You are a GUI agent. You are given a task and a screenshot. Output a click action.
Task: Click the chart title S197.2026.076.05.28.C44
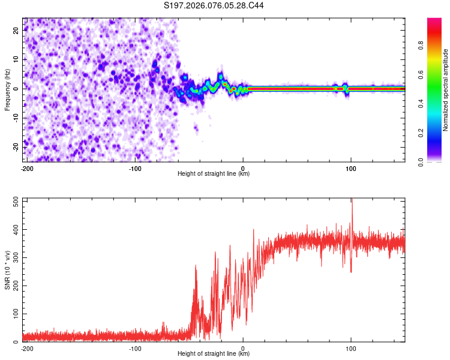click(x=214, y=5)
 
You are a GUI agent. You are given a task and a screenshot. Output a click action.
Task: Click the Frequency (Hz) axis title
click(x=7, y=89)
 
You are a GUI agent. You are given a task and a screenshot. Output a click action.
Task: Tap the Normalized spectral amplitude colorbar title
click(x=446, y=90)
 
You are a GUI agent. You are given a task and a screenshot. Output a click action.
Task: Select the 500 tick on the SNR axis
click(x=14, y=202)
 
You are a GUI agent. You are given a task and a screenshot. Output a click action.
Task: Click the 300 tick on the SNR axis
click(x=14, y=258)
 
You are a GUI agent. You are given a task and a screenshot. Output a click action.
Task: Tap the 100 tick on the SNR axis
click(x=14, y=314)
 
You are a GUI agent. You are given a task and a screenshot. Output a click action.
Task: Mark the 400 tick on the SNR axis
click(x=14, y=230)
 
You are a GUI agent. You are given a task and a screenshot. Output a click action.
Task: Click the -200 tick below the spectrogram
click(x=27, y=168)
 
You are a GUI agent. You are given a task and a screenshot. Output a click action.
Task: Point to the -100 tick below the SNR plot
click(x=135, y=348)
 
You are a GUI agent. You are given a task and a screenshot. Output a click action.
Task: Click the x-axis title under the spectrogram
click(x=214, y=174)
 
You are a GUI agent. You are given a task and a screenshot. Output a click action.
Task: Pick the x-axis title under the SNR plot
click(x=214, y=354)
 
